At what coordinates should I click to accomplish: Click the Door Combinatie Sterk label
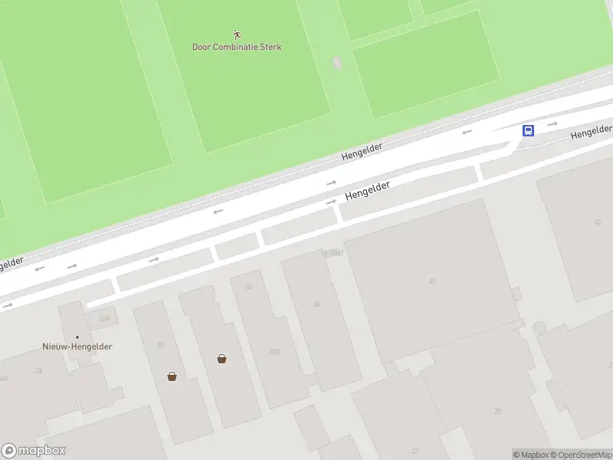(237, 47)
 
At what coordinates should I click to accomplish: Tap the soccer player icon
(237, 34)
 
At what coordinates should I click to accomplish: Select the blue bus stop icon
(528, 130)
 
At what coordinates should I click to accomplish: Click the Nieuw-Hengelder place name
(77, 347)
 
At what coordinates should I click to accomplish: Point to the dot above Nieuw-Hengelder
(77, 337)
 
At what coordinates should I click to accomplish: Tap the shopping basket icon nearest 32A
(221, 358)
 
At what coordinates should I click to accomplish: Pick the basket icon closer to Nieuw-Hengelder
(172, 376)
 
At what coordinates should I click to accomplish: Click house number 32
(247, 286)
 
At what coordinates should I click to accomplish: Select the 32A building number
(274, 352)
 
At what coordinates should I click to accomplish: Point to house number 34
(316, 304)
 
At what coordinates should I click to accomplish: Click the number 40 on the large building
(432, 281)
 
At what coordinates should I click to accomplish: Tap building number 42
(598, 222)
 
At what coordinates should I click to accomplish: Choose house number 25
(497, 412)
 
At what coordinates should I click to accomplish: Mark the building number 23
(415, 452)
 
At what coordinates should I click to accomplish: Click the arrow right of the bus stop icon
(553, 123)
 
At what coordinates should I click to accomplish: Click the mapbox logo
(34, 451)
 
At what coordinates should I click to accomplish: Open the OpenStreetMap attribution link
(581, 455)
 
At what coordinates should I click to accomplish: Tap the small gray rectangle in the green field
(337, 62)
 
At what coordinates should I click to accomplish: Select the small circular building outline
(539, 328)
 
